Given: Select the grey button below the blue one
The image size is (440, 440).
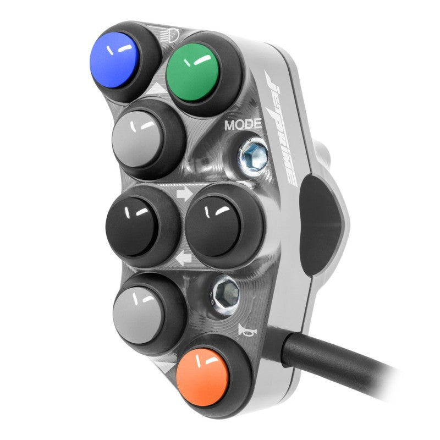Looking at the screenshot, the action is (x=137, y=139).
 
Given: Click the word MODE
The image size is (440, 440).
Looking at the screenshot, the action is (x=243, y=125).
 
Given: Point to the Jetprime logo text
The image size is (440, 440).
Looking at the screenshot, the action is (x=280, y=128).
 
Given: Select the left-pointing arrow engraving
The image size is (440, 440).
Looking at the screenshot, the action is (x=183, y=258).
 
